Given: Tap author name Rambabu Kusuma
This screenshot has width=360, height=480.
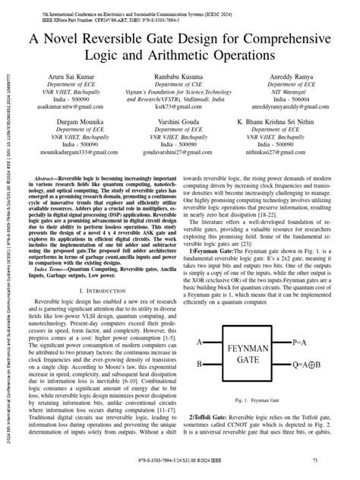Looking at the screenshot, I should [x=179, y=77].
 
